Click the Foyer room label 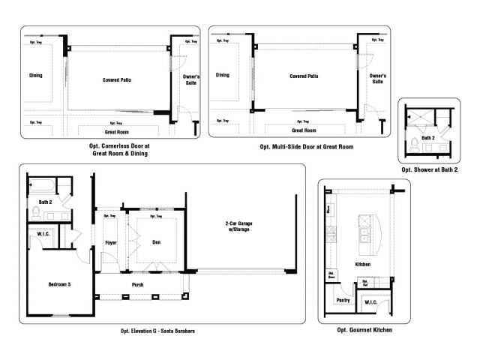109,242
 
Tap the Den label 156,242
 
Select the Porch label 137,284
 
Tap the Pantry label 343,300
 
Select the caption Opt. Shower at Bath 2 429,169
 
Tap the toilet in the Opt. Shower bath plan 414,145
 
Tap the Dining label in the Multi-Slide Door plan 223,75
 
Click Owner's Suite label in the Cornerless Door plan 190,79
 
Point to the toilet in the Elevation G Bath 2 35,214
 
